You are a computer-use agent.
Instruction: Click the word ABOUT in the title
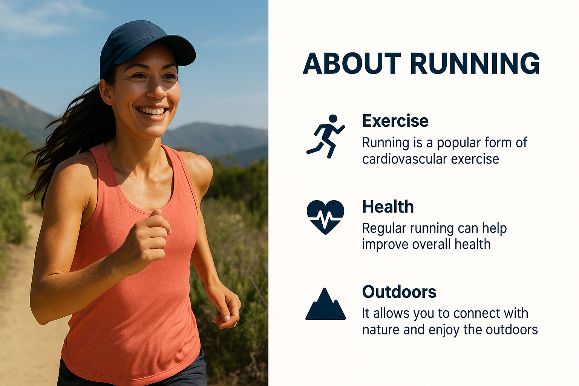point(352,64)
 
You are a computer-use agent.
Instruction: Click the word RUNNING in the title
point(475,64)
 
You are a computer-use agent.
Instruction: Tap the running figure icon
point(326,136)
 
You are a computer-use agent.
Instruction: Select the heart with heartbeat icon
point(325,217)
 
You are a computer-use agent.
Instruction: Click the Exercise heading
point(395,121)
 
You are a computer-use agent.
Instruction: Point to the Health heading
point(388,207)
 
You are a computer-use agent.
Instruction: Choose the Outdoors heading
point(399,292)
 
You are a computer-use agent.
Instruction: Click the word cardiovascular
point(404,159)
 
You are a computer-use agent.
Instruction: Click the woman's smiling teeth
point(152,111)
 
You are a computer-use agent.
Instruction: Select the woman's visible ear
point(106,92)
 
